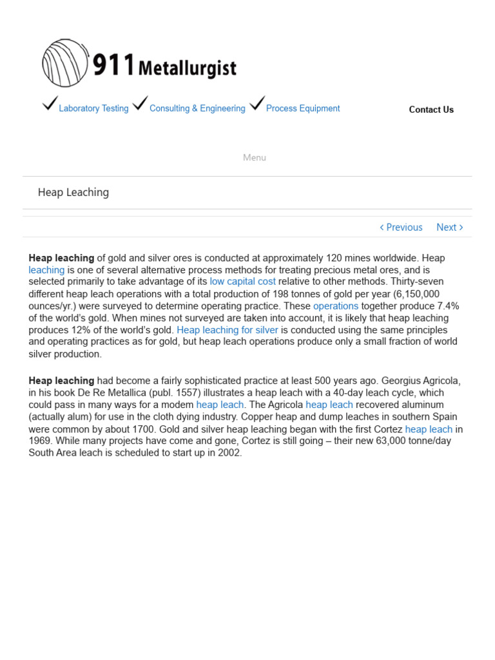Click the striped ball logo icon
click(65, 63)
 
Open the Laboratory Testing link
click(93, 108)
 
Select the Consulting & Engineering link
click(197, 108)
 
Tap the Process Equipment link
click(303, 108)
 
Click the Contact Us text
click(431, 110)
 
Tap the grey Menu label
click(255, 157)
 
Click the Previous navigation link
click(402, 227)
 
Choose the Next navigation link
click(449, 227)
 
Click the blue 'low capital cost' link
click(242, 282)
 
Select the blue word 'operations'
click(336, 306)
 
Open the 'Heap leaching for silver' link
click(228, 330)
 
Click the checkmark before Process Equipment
click(257, 103)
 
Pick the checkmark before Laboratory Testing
click(50, 103)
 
